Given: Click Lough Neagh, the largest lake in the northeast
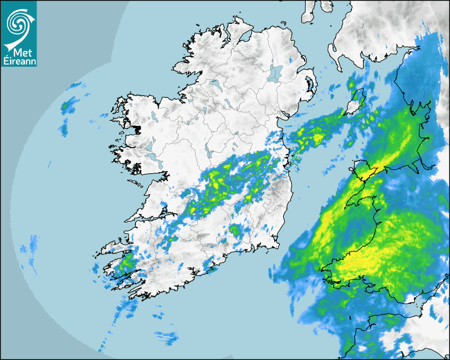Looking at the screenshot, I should (276, 73).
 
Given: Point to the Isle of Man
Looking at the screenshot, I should (355, 101).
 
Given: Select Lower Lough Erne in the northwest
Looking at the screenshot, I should (214, 84).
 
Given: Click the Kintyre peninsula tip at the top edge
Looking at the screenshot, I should (308, 12).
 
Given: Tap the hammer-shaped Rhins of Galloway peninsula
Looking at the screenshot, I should (334, 50).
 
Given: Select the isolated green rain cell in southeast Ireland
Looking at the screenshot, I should (233, 230).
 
